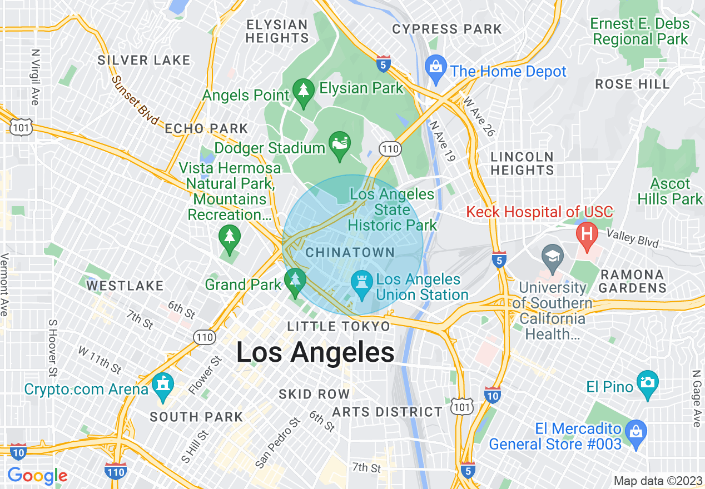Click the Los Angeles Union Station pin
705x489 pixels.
click(x=362, y=284)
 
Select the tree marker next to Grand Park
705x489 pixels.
click(x=295, y=281)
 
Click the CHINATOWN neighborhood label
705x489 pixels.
click(x=350, y=252)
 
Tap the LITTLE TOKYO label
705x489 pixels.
click(x=339, y=326)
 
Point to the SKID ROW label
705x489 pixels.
click(x=314, y=394)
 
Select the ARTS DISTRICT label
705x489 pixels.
click(x=387, y=412)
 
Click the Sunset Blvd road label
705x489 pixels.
click(x=135, y=100)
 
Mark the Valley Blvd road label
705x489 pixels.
click(x=633, y=238)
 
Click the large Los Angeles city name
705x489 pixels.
click(x=315, y=352)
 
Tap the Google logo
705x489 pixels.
click(x=37, y=476)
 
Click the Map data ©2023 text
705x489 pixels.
click(x=657, y=481)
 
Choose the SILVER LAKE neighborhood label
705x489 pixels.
click(x=144, y=60)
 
